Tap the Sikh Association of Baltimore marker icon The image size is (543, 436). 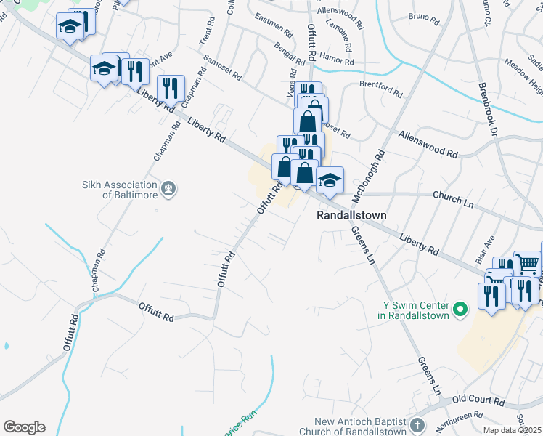pyautogui.click(x=168, y=189)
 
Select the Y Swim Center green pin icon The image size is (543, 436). pyautogui.click(x=459, y=310)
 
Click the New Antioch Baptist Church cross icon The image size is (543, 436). pyautogui.click(x=417, y=425)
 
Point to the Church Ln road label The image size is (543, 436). pyautogui.click(x=452, y=195)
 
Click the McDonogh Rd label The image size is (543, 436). pyautogui.click(x=367, y=177)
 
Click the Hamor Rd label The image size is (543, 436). pyautogui.click(x=337, y=62)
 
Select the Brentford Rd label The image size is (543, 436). pyautogui.click(x=380, y=89)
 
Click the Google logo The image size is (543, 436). pyautogui.click(x=24, y=427)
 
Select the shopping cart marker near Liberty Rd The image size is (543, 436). pyautogui.click(x=527, y=264)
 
